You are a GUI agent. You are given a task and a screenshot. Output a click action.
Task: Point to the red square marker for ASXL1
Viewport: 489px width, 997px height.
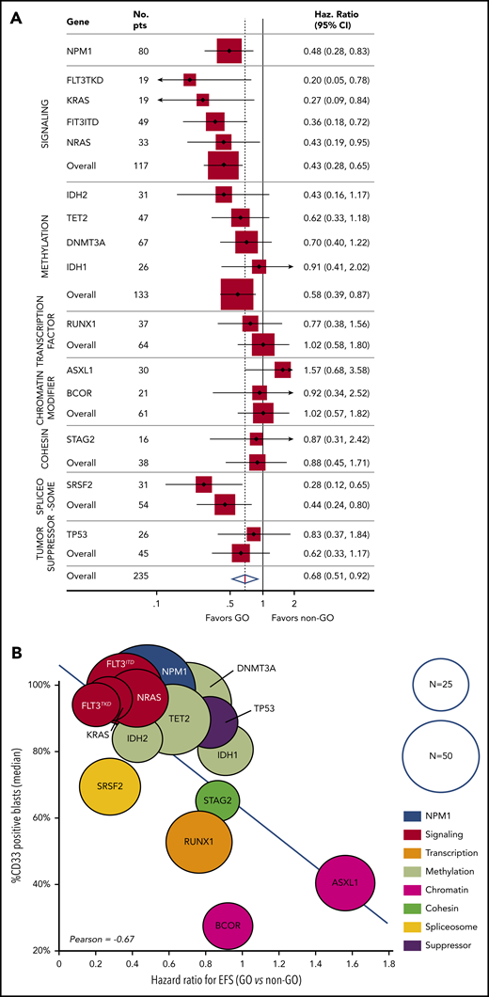click(x=282, y=370)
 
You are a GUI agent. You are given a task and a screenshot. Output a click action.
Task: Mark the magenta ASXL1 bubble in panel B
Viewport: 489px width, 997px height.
click(x=346, y=884)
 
